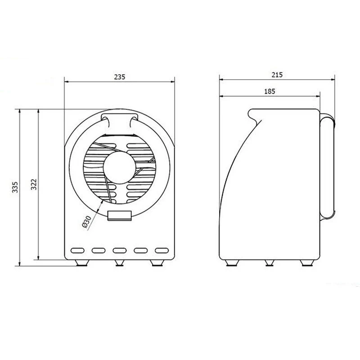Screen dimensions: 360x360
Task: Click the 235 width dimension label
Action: (120, 77)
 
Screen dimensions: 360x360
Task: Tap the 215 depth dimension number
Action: (277, 75)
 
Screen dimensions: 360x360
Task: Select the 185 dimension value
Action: (270, 91)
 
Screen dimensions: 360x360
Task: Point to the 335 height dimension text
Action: (15, 187)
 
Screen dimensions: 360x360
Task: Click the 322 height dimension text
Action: (34, 184)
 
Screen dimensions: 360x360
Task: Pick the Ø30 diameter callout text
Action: (87, 222)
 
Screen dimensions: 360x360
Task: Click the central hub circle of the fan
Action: (119, 167)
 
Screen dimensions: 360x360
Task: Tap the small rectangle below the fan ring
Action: (119, 216)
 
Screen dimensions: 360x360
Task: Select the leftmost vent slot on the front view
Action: (77, 250)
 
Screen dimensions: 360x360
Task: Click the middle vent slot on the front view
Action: (120, 250)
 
